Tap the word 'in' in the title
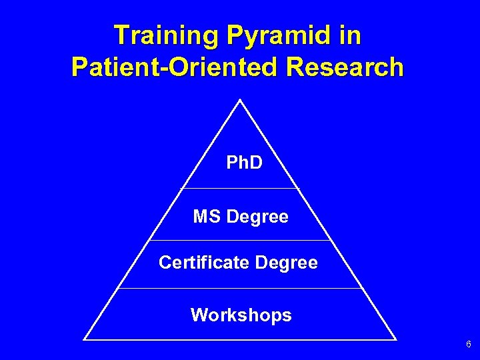click(x=349, y=36)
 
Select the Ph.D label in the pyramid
click(x=244, y=162)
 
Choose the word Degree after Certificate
click(x=286, y=263)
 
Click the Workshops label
click(x=241, y=315)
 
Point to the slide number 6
click(x=468, y=345)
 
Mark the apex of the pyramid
click(x=239, y=100)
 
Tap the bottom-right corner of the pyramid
click(x=397, y=340)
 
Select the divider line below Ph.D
click(x=240, y=189)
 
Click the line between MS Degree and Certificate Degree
click(x=240, y=240)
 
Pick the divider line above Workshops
click(x=240, y=289)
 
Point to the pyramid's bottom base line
click(x=240, y=340)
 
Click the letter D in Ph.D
click(x=254, y=162)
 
